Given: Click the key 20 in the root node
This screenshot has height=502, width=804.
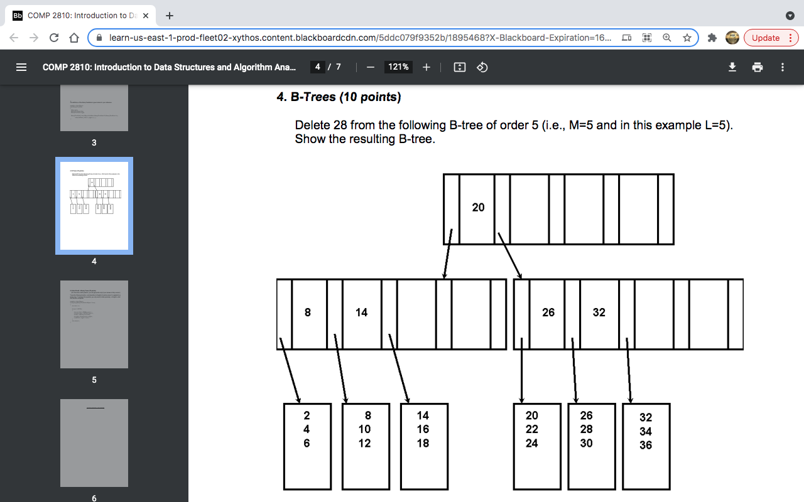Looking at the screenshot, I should click(x=478, y=208).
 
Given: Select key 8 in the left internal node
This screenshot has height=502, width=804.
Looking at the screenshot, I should click(x=307, y=312).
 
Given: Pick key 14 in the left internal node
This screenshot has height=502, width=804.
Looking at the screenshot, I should click(x=361, y=312).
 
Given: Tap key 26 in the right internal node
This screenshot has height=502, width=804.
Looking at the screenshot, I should click(x=548, y=312).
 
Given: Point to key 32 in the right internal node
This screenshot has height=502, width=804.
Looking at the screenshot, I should click(x=599, y=312).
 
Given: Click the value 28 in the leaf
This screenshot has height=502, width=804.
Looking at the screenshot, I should click(x=587, y=429).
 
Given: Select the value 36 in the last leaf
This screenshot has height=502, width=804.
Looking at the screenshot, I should click(x=646, y=446).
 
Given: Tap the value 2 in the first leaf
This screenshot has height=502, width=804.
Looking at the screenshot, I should click(x=307, y=415).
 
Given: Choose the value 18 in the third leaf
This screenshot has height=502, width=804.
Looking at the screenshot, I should click(x=423, y=443).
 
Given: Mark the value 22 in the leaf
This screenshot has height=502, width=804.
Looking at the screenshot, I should click(x=532, y=429).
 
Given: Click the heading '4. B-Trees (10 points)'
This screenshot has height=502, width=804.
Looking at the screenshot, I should click(x=339, y=97).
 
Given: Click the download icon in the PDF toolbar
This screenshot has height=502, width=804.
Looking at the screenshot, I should click(x=732, y=67).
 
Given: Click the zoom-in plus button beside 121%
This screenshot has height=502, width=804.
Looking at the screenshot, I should click(x=426, y=67).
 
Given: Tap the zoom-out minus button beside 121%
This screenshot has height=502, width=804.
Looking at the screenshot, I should click(x=371, y=67).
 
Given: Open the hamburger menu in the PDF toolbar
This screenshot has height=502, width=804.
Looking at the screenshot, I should click(x=21, y=67).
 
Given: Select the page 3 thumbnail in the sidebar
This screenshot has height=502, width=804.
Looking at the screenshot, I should click(x=94, y=108).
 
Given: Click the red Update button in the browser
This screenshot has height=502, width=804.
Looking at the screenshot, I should click(x=771, y=38).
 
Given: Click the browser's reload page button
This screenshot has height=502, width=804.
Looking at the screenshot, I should click(x=54, y=38).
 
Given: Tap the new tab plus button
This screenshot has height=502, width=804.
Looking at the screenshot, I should click(x=170, y=16).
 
